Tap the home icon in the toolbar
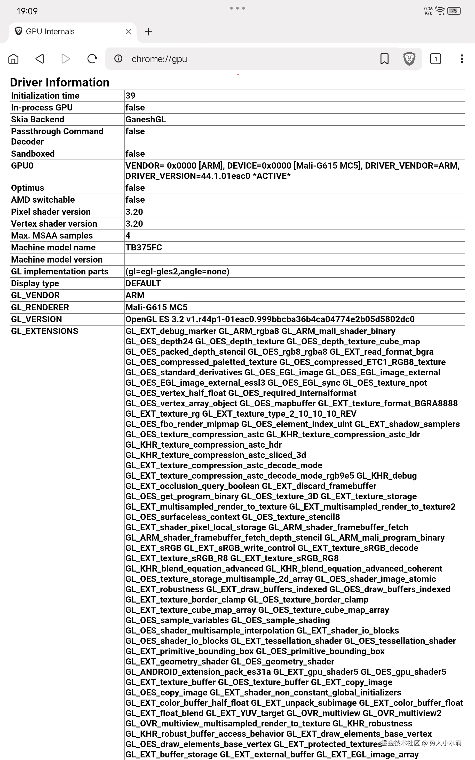point(13,59)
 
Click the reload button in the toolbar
point(92,59)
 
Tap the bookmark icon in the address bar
point(384,59)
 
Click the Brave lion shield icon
point(409,59)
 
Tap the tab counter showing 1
point(436,59)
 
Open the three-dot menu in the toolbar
point(462,59)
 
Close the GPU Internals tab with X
point(128,32)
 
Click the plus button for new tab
point(148,32)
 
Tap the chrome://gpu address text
point(159,59)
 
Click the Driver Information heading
point(60,82)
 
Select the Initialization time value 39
point(130,96)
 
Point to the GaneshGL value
point(145,120)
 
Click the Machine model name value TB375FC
point(144,248)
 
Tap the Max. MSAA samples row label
point(52,235)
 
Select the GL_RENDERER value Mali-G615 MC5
point(156,307)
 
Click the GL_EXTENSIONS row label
point(45,331)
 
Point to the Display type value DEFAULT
point(143,283)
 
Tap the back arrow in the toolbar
point(39,59)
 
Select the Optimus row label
point(28,188)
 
